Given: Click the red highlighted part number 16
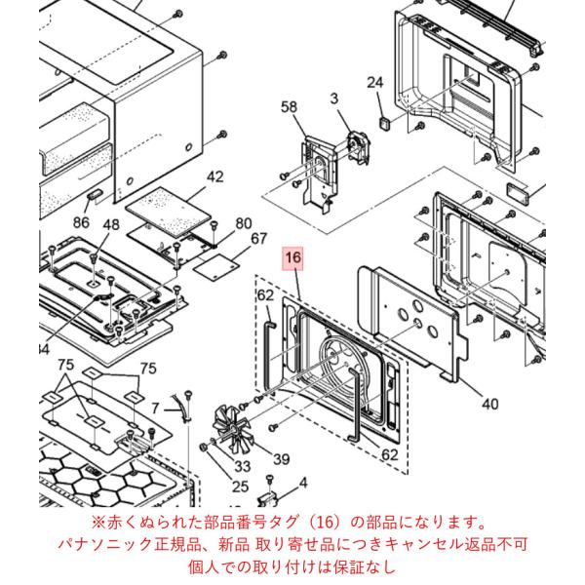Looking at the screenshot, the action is click(x=292, y=257).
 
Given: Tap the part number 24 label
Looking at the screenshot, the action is click(x=375, y=82).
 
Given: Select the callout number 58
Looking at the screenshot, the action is click(x=289, y=106).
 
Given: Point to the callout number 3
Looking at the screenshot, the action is click(x=333, y=98).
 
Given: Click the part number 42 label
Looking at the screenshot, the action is click(x=214, y=176).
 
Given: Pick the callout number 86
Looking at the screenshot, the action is click(x=81, y=222).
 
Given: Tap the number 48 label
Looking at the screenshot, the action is click(x=111, y=224).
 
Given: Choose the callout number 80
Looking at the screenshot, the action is click(x=244, y=223).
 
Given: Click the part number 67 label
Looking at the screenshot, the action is click(x=259, y=239).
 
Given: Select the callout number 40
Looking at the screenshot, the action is click(x=489, y=404).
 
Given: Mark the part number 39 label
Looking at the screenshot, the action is click(x=282, y=459).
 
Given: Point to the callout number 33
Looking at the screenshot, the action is click(x=242, y=466).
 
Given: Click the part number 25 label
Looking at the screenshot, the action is click(x=240, y=487).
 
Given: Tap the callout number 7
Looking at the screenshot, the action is click(x=155, y=408).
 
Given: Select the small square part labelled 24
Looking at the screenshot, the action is click(x=385, y=122).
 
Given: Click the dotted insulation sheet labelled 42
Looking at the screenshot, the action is click(x=169, y=212).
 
